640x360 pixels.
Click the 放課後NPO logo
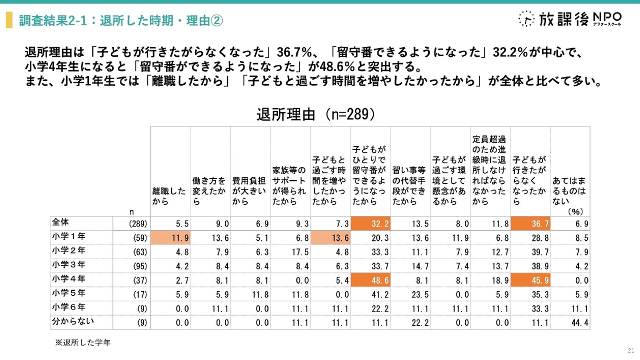pos(570,18)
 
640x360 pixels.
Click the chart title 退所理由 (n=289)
pos(315,114)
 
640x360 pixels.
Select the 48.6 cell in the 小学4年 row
pos(370,280)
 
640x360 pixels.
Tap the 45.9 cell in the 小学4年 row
pos(530,280)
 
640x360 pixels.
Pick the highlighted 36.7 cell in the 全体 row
pos(530,222)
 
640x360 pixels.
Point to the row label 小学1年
pos(68,237)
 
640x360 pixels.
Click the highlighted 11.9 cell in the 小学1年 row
pos(170,237)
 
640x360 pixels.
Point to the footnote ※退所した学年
pos(82,343)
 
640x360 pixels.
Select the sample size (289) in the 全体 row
pos(135,223)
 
